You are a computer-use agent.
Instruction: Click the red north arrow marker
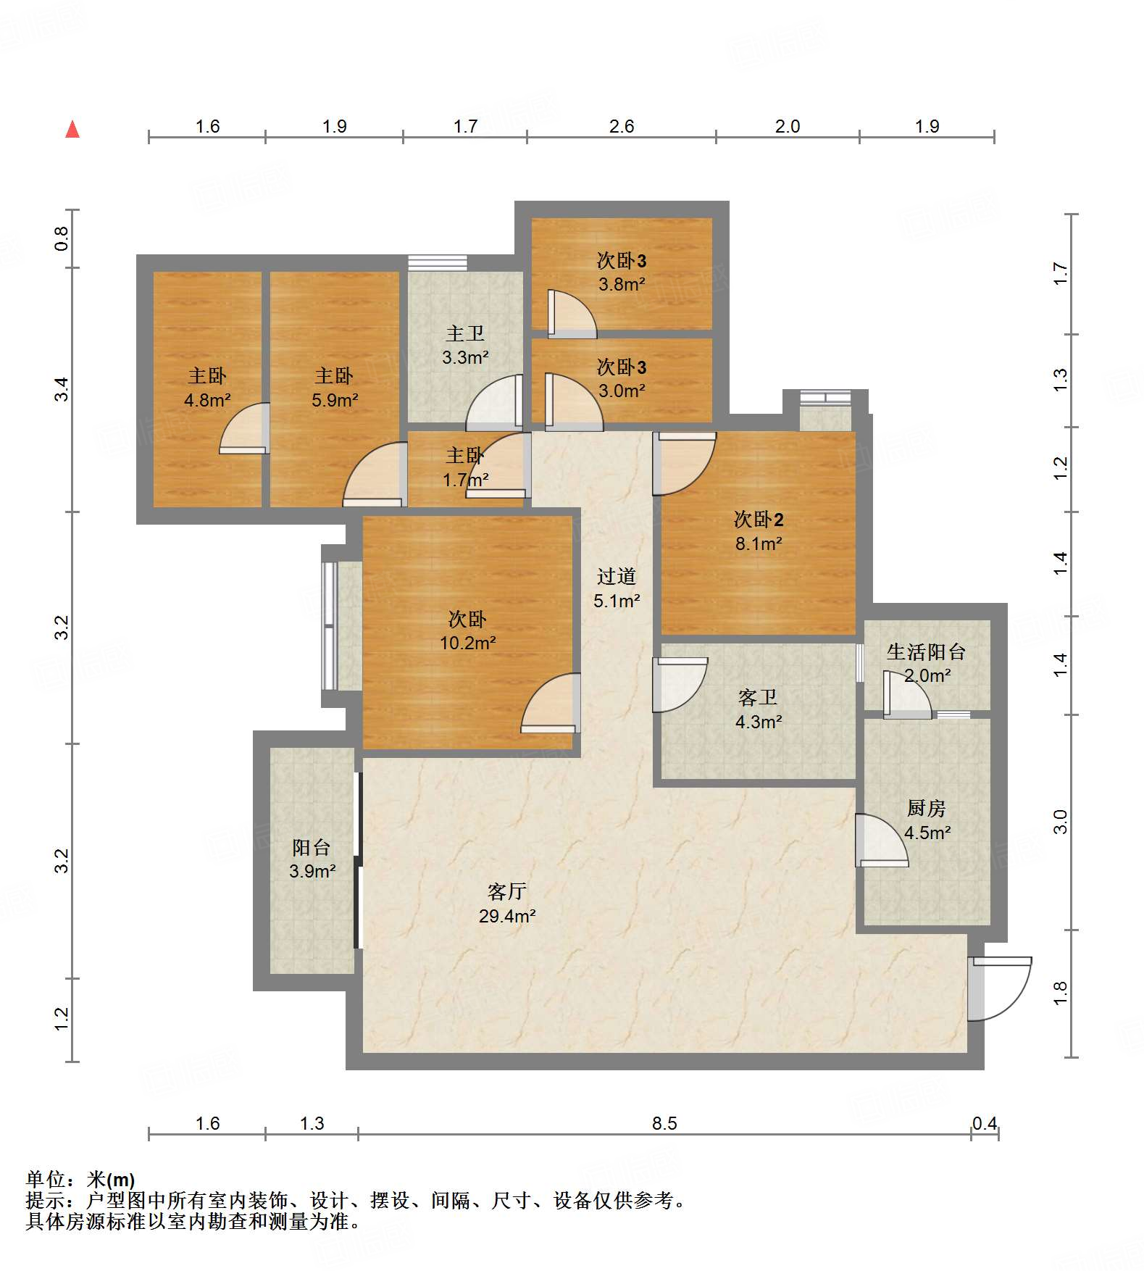coord(72,130)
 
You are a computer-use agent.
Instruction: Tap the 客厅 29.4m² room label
coord(507,904)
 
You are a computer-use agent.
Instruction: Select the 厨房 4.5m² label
coord(927,820)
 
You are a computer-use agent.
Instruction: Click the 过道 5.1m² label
coord(617,588)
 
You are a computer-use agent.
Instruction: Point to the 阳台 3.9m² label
coord(312,859)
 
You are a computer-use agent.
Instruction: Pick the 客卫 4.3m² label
coord(758,709)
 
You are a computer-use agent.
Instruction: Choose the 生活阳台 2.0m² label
coord(927,663)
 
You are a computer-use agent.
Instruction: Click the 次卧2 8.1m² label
coord(759,531)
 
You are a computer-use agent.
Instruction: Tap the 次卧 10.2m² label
coord(467,630)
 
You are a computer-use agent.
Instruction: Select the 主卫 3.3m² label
coord(465,345)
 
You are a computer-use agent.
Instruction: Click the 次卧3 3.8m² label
coord(622,272)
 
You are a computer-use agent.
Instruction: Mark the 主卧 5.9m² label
coord(334,387)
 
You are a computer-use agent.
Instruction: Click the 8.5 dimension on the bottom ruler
coord(664,1123)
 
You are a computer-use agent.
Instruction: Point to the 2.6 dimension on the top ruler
coord(622,126)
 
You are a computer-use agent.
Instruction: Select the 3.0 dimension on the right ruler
coord(1060,822)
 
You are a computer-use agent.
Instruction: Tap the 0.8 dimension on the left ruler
coord(62,238)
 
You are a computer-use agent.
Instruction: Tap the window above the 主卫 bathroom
coord(437,262)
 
